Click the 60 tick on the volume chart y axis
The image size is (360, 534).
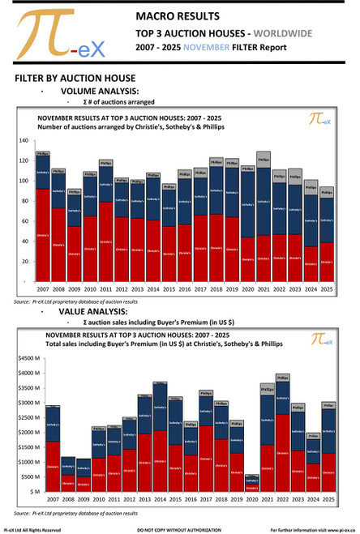[x=24, y=221]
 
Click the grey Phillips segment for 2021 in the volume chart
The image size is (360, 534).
[x=264, y=160]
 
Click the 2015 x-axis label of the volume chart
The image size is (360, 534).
[x=168, y=288]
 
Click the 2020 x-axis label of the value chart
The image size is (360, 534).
[x=251, y=500]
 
